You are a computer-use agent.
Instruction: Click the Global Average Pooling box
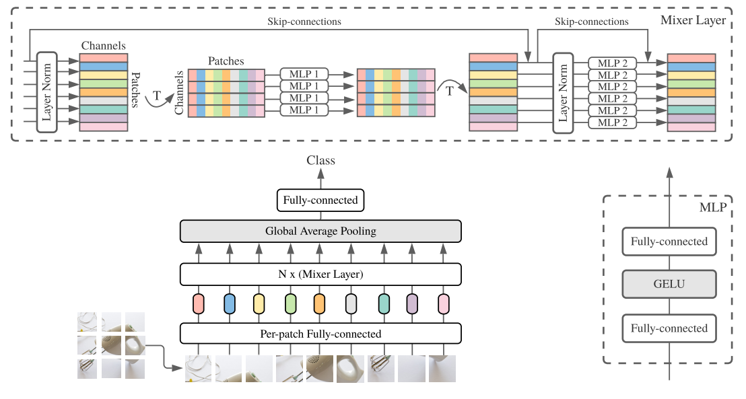coord(320,231)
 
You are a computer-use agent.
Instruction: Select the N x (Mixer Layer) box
coord(320,274)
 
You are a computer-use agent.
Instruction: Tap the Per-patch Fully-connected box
coord(320,334)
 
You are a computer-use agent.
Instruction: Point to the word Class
coord(320,161)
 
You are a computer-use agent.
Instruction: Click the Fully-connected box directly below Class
coord(320,200)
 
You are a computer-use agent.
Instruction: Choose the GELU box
coord(669,285)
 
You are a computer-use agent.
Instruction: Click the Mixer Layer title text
coord(693,20)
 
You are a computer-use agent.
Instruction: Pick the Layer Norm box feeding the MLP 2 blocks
coord(563,92)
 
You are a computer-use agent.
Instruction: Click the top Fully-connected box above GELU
coord(669,242)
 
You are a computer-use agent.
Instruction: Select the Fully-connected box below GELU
coord(669,329)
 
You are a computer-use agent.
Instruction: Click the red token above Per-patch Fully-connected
coord(198,304)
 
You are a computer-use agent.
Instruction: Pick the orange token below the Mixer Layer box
coord(319,304)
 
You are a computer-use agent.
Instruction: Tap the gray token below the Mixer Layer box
coord(350,304)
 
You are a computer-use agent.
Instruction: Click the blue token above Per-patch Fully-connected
coord(229,304)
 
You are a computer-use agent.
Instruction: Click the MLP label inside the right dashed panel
coord(713,207)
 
